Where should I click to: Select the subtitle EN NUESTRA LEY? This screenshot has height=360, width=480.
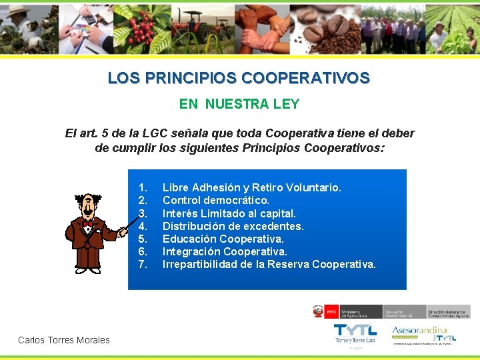239,104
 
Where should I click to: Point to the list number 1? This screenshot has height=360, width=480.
142,188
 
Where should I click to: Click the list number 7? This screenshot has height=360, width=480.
142,265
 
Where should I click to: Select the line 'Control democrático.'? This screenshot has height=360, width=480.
216,201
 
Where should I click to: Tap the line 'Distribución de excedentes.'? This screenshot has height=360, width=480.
233,226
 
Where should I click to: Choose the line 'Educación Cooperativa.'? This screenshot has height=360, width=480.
223,239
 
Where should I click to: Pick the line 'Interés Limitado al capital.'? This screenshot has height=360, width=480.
229,213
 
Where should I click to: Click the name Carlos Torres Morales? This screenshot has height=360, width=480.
64,340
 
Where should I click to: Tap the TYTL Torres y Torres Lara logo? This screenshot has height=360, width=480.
355,334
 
